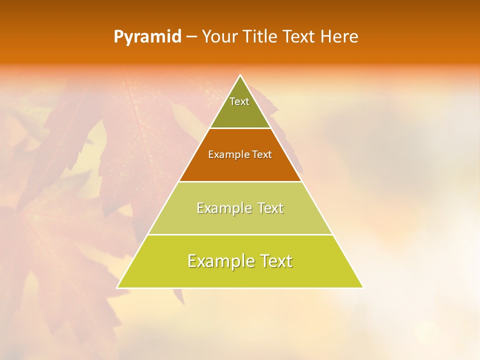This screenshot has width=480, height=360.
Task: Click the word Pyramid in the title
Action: [147, 37]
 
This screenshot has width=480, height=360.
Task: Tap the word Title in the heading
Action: [262, 36]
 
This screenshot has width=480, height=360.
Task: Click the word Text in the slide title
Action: [299, 36]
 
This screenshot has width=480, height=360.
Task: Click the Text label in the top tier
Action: [239, 101]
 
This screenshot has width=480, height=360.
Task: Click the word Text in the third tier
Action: [268, 208]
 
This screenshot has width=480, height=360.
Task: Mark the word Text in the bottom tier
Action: [274, 261]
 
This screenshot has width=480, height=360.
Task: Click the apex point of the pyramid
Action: [240, 75]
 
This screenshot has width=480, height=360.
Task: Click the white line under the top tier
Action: [240, 128]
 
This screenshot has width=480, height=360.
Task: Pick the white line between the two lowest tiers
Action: [240, 234]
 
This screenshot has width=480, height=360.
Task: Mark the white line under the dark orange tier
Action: [240, 181]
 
